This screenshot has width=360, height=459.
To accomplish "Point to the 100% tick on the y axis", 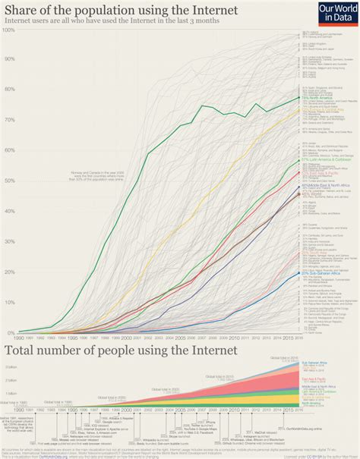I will (x=8, y=30).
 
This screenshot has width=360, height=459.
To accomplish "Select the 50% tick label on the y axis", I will (x=8, y=181).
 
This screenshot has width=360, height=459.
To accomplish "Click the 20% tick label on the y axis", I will (x=8, y=272).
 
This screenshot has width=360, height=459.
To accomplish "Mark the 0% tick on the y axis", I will (x=10, y=332).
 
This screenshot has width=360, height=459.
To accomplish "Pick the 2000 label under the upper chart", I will (x=126, y=338).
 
